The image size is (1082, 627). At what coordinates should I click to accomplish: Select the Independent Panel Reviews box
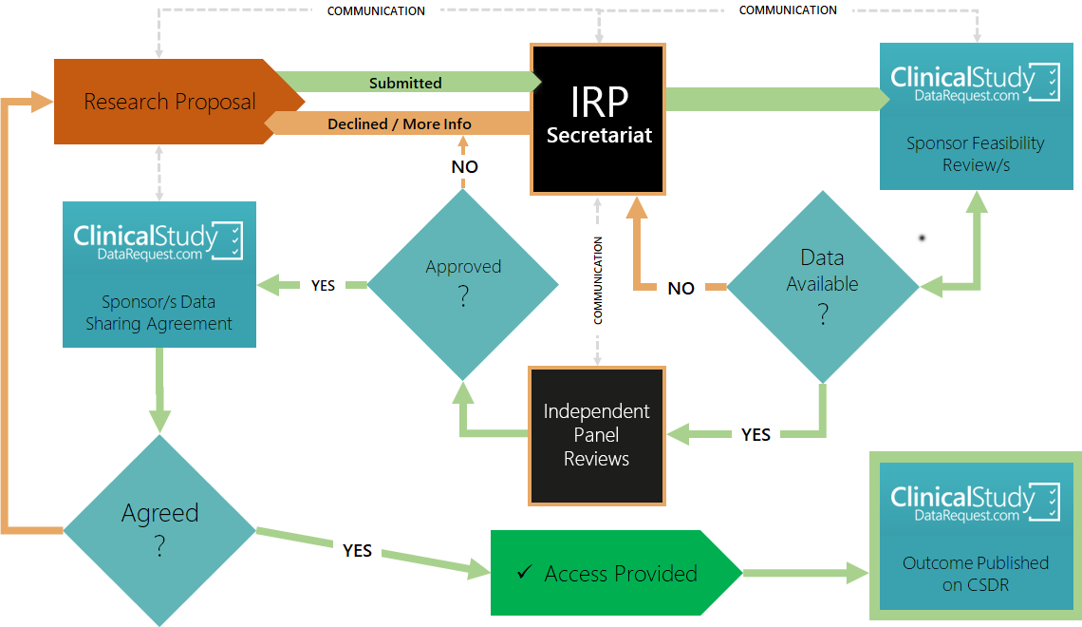(x=597, y=435)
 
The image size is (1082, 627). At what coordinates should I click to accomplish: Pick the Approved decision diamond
(x=463, y=283)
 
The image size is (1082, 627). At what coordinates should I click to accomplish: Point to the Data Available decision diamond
(x=822, y=285)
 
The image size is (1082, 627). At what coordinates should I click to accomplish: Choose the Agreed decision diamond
(x=159, y=530)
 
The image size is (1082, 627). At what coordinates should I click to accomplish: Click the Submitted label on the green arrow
(x=405, y=83)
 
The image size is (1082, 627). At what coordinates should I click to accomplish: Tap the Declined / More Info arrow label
(x=400, y=123)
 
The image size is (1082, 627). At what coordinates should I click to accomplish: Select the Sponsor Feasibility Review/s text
(x=976, y=154)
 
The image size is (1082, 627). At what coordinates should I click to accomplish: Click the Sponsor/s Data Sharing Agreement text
(x=159, y=313)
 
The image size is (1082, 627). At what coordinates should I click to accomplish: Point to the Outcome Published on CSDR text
(x=976, y=573)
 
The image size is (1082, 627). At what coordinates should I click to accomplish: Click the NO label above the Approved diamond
(x=464, y=167)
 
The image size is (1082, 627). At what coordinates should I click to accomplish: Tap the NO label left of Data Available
(x=681, y=288)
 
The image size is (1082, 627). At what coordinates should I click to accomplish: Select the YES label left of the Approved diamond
(x=323, y=285)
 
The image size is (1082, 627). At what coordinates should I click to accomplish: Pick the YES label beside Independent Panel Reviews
(x=756, y=434)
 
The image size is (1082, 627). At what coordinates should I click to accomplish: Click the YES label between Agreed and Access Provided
(x=357, y=550)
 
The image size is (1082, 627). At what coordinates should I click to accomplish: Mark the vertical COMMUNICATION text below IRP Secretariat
(x=598, y=281)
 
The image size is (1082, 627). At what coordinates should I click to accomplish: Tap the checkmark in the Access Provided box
(x=524, y=573)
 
